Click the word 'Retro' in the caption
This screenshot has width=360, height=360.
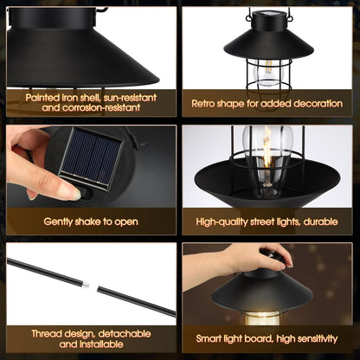click(206, 102)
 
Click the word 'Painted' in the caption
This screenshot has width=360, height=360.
click(45, 98)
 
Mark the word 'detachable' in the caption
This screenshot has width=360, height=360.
click(121, 333)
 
